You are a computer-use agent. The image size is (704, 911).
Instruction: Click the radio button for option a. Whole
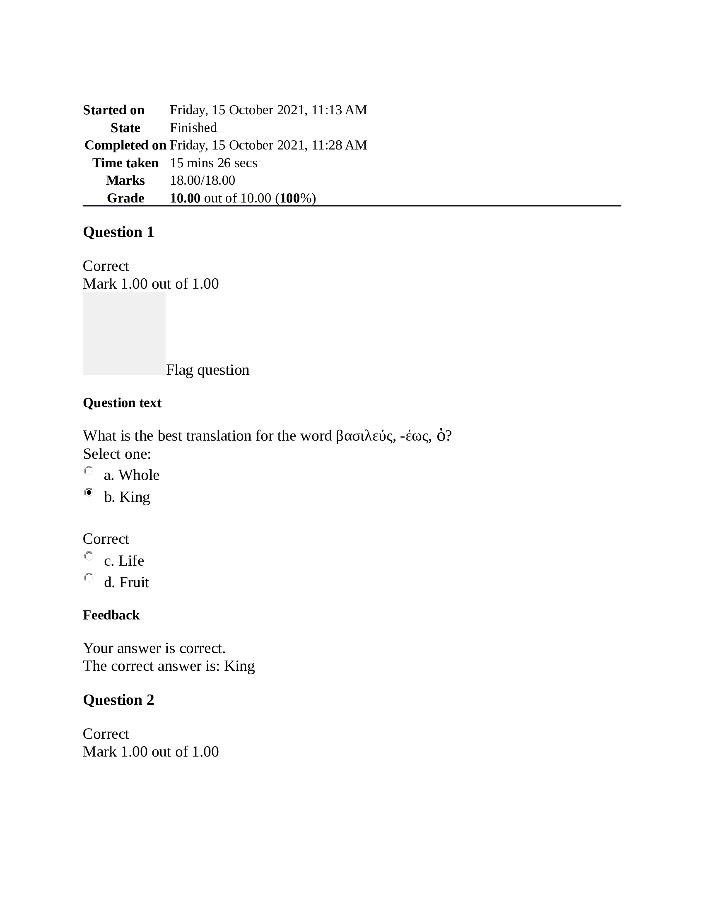[89, 471]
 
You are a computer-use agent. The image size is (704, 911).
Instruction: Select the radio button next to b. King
[89, 493]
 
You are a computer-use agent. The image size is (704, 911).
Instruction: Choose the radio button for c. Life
[89, 556]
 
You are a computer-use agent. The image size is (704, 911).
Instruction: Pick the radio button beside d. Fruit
[89, 578]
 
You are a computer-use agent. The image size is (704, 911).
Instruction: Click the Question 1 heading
[118, 232]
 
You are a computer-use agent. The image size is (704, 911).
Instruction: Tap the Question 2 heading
[118, 700]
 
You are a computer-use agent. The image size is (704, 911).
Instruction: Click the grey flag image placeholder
[124, 333]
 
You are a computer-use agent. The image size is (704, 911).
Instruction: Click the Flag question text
[208, 370]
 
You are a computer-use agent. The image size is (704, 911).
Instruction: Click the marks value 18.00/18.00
[202, 180]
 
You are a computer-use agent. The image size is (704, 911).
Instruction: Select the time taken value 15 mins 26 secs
[214, 163]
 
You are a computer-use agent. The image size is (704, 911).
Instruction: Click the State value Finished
[193, 128]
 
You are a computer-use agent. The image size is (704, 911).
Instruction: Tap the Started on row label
[113, 110]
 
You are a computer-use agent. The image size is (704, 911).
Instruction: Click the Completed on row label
[125, 145]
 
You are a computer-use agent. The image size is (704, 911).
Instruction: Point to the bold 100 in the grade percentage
[289, 198]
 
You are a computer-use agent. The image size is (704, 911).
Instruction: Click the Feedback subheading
[111, 615]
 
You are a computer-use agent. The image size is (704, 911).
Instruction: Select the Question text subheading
[122, 403]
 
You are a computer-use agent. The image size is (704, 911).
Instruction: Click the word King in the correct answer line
[239, 666]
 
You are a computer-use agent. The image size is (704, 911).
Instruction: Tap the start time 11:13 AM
[339, 110]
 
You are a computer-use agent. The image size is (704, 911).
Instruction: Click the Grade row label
[125, 198]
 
